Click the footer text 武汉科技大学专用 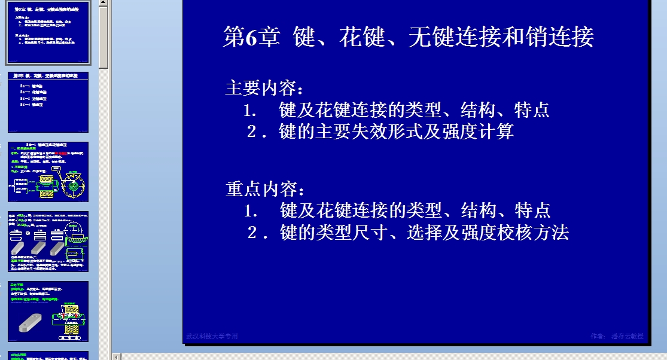212,337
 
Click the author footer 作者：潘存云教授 617,337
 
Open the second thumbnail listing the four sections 48,102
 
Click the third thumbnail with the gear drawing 48,172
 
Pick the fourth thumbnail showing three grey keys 48,241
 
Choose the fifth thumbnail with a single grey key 48,311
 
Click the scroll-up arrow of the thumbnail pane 104,4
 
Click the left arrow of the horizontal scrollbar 117,356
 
